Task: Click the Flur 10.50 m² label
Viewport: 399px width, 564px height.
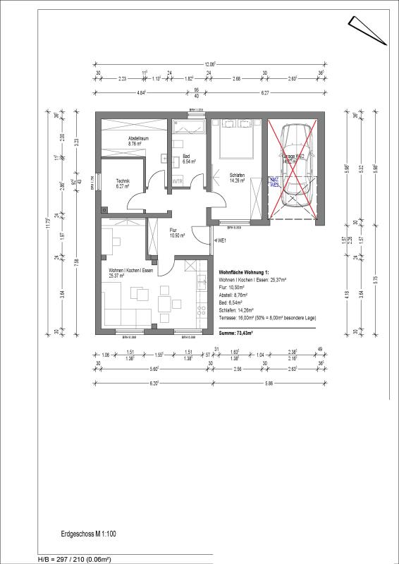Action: [x=176, y=233]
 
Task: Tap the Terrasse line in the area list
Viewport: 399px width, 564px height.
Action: [x=267, y=319]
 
